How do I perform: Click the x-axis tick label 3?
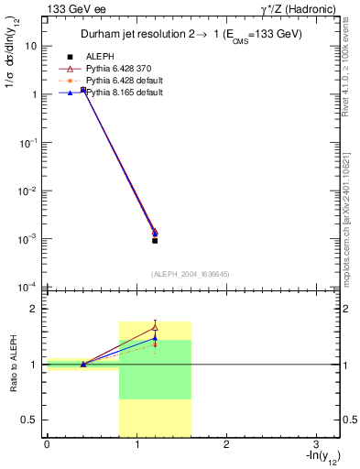tap(315, 444)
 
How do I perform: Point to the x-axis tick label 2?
tap(225, 444)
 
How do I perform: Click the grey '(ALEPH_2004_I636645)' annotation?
tap(191, 273)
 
